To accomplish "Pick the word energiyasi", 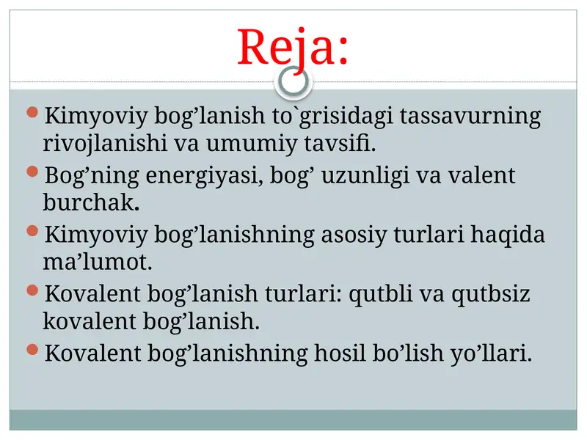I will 203,176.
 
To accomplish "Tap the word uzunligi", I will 364,176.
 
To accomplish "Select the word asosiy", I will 360,235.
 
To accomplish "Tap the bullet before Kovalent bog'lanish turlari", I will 31,290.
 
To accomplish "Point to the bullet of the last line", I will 31,350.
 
